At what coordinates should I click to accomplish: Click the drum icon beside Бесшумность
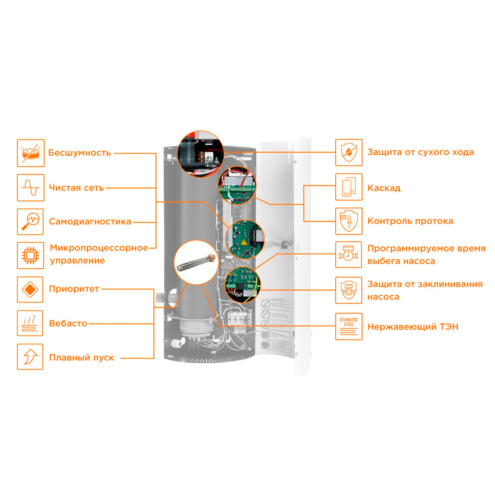(31, 153)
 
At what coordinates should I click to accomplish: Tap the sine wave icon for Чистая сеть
(31, 188)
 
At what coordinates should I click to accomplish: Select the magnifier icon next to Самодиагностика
(30, 222)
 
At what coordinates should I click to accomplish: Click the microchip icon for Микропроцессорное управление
(30, 255)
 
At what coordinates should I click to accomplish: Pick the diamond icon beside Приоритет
(30, 289)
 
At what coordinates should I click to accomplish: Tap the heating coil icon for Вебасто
(30, 323)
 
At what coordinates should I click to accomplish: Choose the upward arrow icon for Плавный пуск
(30, 357)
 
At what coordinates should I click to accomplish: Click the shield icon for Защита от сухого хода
(349, 152)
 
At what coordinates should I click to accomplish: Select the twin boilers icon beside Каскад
(349, 187)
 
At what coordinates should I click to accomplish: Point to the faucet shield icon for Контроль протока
(349, 221)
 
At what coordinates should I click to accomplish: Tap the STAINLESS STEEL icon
(349, 326)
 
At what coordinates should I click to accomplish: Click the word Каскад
(384, 188)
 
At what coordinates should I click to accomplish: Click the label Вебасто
(68, 323)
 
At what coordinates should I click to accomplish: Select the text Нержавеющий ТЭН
(413, 327)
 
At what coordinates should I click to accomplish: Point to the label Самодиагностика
(90, 221)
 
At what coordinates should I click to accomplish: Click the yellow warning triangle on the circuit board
(244, 242)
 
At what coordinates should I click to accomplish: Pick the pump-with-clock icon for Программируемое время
(349, 254)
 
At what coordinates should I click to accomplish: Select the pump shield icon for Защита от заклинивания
(349, 290)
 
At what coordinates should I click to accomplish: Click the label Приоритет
(74, 289)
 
